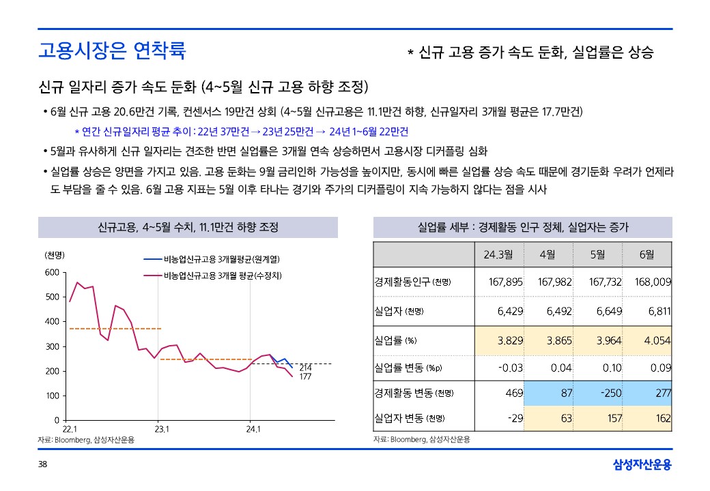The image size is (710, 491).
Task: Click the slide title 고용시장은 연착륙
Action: tap(112, 50)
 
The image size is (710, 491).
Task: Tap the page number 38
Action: tap(42, 465)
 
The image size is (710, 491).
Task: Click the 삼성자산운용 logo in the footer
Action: tap(642, 465)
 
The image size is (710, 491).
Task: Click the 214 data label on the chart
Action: tap(306, 368)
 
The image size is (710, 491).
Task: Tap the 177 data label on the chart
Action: tap(306, 376)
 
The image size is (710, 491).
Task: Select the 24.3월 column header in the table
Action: tap(498, 254)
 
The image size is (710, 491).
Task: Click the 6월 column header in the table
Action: tap(647, 254)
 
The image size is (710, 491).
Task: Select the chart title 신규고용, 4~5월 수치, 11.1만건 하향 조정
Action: tap(188, 227)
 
